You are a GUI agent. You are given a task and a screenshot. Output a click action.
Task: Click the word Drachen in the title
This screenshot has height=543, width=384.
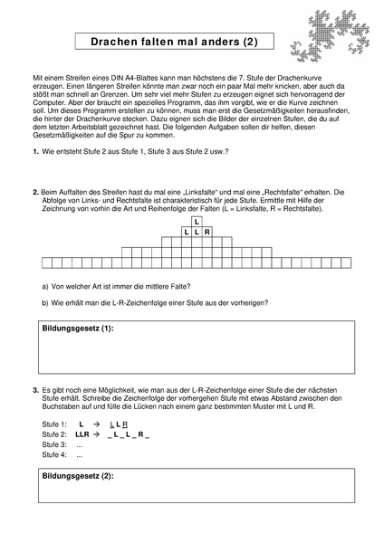tap(117, 42)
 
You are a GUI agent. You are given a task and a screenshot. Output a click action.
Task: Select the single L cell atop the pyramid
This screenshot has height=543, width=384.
tap(197, 221)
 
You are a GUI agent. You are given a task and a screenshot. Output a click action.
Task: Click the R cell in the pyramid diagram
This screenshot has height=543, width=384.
tap(207, 233)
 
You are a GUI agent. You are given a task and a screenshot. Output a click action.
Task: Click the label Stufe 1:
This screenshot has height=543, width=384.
tap(54, 424)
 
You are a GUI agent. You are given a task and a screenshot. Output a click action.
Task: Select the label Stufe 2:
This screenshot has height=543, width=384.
tap(54, 434)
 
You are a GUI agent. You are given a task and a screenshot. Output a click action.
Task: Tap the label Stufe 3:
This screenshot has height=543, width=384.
tap(54, 445)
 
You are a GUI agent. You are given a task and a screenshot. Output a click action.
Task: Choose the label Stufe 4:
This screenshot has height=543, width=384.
tap(54, 456)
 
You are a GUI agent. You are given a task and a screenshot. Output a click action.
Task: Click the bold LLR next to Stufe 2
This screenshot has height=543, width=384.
tap(82, 434)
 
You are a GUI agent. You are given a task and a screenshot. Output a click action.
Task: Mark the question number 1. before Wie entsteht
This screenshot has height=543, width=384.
tap(35, 151)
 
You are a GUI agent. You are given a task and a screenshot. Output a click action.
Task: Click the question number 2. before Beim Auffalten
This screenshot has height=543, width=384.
tap(34, 192)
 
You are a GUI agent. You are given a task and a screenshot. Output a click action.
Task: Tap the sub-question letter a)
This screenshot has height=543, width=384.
tap(46, 285)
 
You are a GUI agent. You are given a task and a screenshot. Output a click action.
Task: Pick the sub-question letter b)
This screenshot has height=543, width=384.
tap(46, 303)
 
